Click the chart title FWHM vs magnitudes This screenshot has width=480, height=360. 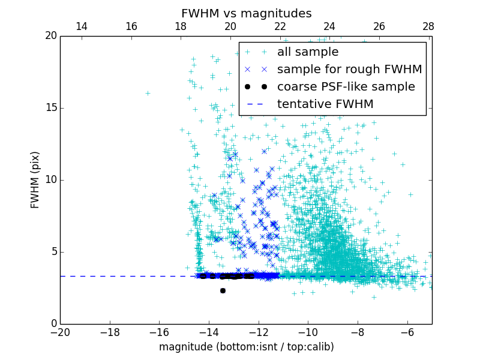tap(246, 13)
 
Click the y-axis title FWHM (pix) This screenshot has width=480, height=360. tap(35, 179)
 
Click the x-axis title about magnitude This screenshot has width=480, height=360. tap(246, 347)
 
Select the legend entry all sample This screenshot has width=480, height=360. tap(308, 52)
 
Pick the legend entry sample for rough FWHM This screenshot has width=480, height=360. tap(349, 69)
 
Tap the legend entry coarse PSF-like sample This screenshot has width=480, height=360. tap(346, 86)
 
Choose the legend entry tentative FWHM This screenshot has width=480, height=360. tap(325, 104)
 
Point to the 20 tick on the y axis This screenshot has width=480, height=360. tap(50, 36)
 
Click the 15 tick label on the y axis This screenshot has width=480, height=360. tap(50, 108)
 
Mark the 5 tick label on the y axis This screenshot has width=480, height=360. tap(53, 251)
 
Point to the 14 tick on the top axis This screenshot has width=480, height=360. tap(82, 27)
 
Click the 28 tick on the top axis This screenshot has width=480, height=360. tap(428, 27)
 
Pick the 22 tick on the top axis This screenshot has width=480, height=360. tap(280, 27)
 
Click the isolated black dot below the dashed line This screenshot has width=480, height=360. tap(223, 290)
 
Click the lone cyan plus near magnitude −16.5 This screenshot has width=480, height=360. tap(148, 93)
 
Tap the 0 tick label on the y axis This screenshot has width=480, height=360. tap(53, 323)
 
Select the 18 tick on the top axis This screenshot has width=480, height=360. tap(181, 27)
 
